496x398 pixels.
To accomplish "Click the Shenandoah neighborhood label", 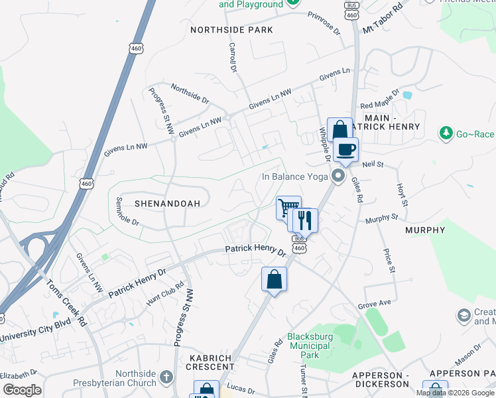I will coord(167,204).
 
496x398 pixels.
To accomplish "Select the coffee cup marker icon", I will coord(345,149).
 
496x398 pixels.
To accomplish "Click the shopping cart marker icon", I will coord(288,208).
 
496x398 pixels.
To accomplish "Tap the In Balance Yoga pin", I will coord(339,176).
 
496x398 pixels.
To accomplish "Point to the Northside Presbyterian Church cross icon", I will coord(166,377).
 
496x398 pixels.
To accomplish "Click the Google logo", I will coord(22,390).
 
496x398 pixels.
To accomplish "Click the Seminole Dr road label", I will coord(127,211).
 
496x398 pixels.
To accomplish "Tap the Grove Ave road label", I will coord(375,304).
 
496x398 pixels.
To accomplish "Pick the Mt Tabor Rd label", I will coord(383,21).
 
